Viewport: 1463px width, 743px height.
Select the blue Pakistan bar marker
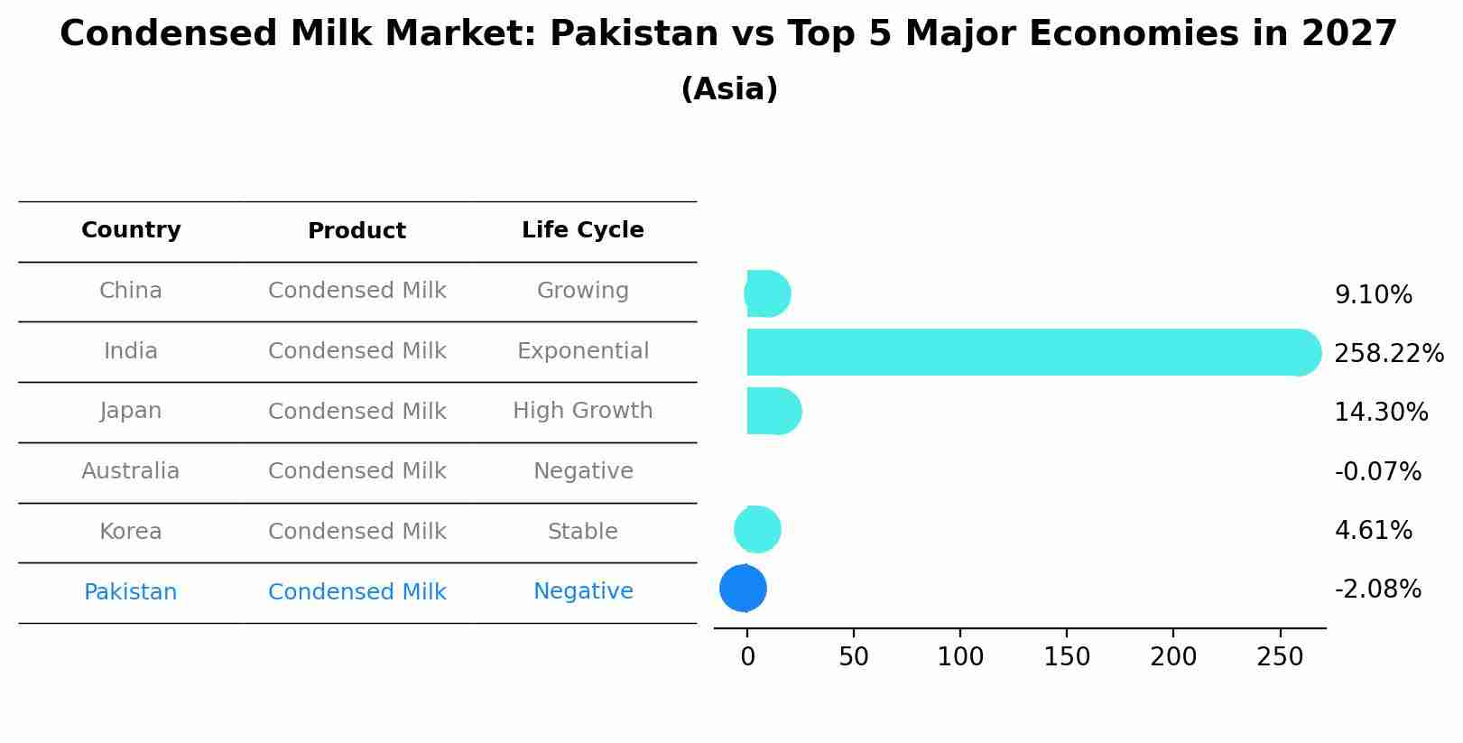[743, 588]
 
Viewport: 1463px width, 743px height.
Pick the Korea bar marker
[757, 529]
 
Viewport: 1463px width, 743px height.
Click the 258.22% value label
[1388, 354]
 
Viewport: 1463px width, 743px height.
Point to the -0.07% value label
[1377, 471]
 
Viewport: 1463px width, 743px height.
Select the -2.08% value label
[1377, 590]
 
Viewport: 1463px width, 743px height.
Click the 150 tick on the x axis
[1067, 656]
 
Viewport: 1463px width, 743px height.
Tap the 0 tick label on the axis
[747, 656]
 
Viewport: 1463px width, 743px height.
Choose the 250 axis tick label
[1280, 656]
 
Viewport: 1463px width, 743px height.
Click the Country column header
[131, 230]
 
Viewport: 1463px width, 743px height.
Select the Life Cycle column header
[582, 230]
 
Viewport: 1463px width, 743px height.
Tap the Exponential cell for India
[582, 351]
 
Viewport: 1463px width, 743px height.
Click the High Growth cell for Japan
[582, 411]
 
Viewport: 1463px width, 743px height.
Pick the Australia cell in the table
[131, 471]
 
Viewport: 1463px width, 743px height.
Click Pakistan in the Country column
[131, 592]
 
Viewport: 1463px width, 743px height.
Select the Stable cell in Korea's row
[582, 532]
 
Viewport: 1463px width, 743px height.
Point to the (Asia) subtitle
[729, 89]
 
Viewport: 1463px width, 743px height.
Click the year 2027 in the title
[1348, 34]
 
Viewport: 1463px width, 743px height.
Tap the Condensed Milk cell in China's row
[356, 291]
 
